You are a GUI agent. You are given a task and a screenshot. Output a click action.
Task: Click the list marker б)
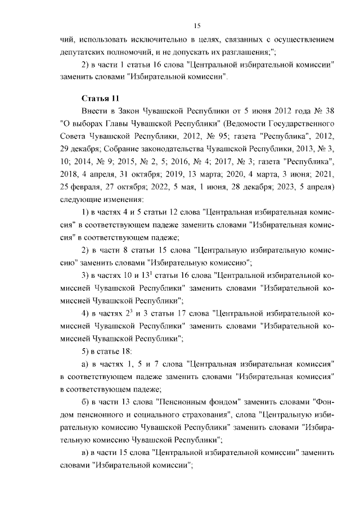point(87,403)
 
